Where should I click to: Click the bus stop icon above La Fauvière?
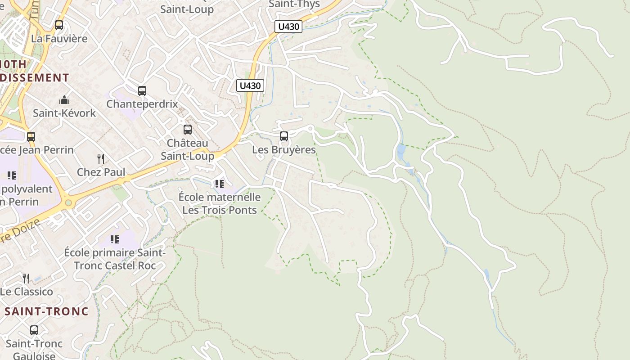[x=59, y=25]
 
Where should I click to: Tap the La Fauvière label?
[x=59, y=39]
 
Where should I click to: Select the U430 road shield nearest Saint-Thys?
[x=288, y=27]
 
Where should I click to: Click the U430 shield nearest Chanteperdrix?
[x=250, y=85]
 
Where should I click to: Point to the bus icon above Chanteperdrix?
[x=142, y=91]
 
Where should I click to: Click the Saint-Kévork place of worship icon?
[x=64, y=100]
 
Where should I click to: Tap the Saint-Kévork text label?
[x=64, y=113]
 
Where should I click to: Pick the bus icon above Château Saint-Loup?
[x=188, y=130]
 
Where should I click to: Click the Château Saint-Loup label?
[x=188, y=149]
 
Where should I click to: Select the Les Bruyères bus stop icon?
[x=284, y=136]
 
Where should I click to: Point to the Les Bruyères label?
[x=284, y=149]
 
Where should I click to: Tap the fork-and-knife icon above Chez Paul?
[x=101, y=158]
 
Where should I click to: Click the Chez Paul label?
[x=101, y=172]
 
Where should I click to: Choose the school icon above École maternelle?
[x=219, y=184]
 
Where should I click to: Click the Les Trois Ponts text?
[x=220, y=210]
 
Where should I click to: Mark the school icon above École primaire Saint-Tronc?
[x=115, y=239]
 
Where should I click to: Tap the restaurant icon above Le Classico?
[x=26, y=279]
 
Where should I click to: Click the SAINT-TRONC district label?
[x=47, y=311]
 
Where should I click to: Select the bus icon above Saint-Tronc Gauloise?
[x=34, y=331]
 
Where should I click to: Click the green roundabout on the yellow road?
[x=68, y=203]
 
